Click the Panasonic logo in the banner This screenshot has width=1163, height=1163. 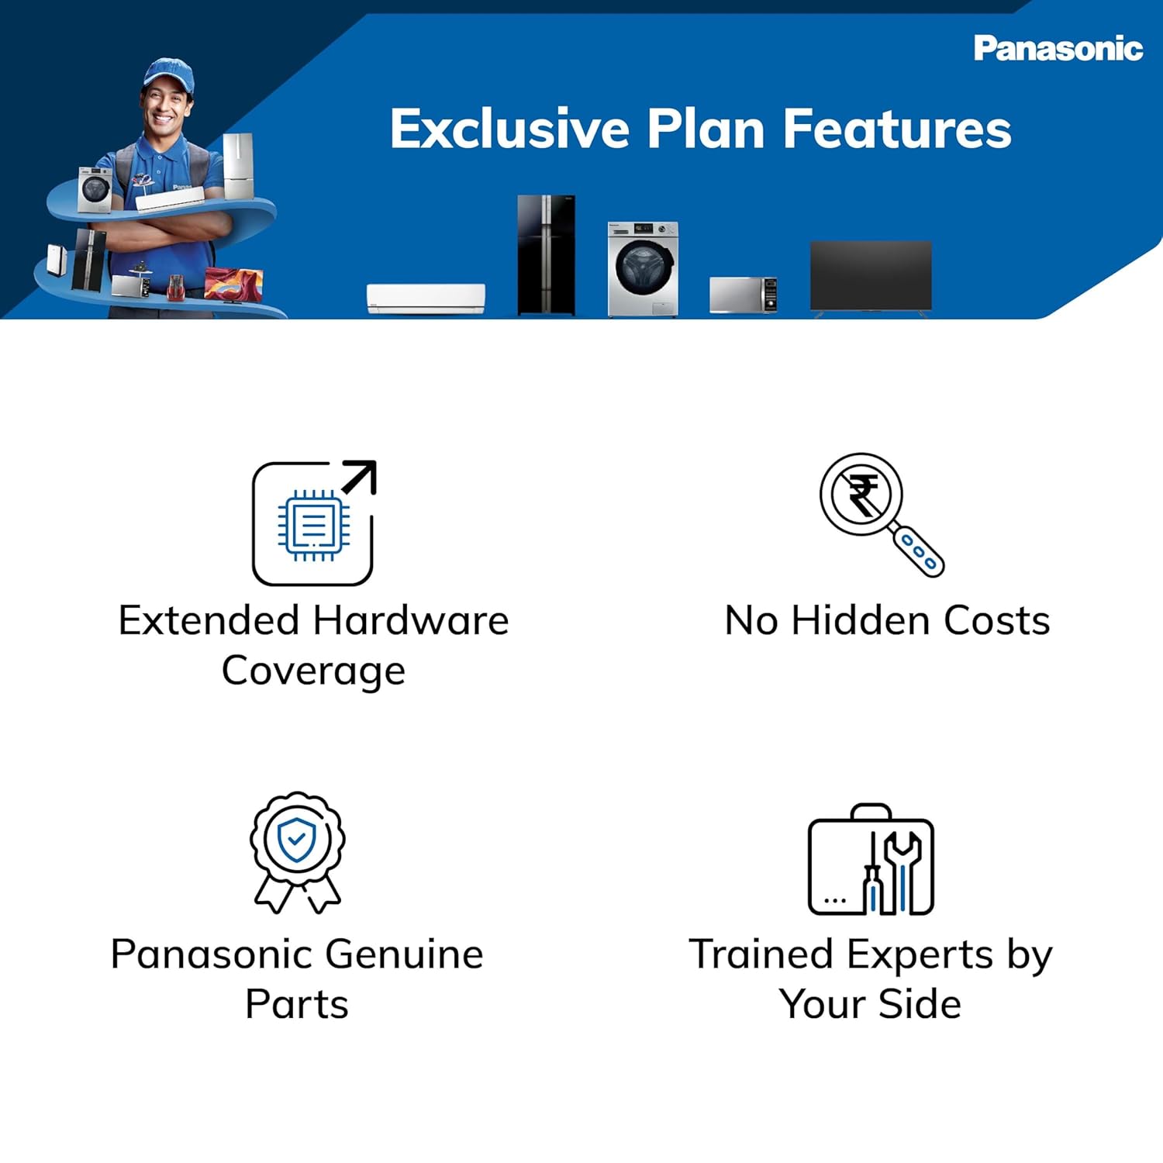1058,49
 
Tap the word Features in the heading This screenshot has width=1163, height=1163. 896,129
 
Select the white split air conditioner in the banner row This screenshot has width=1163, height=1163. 426,299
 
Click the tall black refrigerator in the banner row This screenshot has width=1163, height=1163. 547,255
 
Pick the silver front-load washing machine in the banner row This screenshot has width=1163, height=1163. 643,268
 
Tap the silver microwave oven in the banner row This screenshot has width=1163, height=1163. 743,295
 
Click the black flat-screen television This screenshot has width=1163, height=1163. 871,276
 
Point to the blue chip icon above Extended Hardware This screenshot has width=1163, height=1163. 313,526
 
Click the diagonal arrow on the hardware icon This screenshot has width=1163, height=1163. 360,476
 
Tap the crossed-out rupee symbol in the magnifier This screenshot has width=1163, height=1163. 861,495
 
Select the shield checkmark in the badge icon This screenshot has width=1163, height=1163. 296,839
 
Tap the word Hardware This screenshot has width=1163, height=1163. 411,621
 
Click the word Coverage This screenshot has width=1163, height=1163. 313,671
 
